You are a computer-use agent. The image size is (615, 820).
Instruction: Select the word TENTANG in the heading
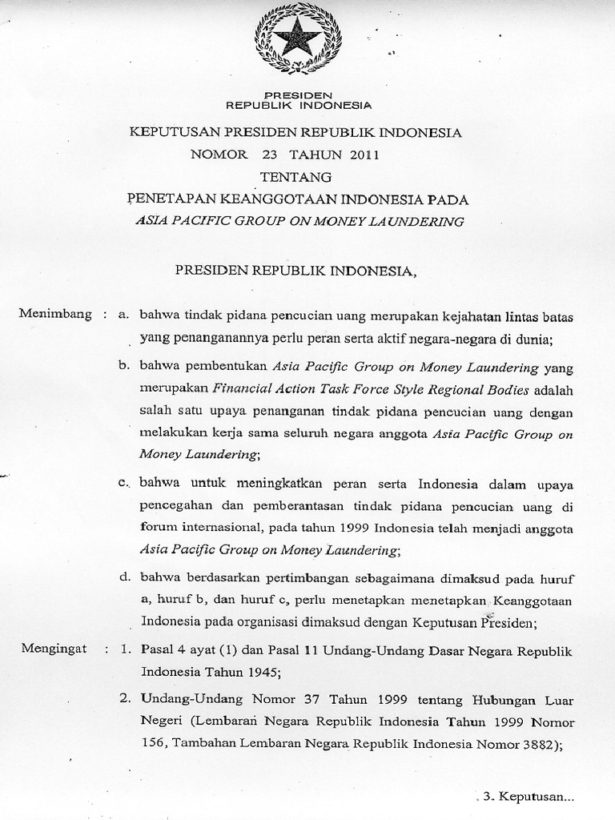[295, 176]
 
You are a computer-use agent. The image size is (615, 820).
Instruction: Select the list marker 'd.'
[124, 576]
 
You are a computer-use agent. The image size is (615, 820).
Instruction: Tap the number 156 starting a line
[151, 742]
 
